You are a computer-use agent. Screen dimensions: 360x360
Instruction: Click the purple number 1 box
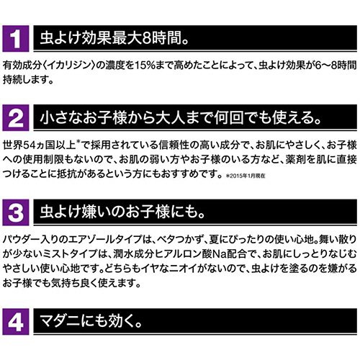[16, 39]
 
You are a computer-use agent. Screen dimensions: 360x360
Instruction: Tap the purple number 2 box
[16, 117]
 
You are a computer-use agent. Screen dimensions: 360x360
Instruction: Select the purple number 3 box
[16, 212]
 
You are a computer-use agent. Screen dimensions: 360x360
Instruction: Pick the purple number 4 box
[16, 322]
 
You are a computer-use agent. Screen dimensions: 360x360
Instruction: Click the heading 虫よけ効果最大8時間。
[114, 38]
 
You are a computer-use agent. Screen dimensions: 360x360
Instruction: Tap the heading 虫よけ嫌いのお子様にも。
[122, 212]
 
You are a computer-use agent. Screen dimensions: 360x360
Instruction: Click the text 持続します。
[28, 80]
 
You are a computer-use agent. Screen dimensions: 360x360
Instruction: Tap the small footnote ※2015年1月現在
[246, 176]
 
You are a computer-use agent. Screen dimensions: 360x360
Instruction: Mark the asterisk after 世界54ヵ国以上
[78, 142]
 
